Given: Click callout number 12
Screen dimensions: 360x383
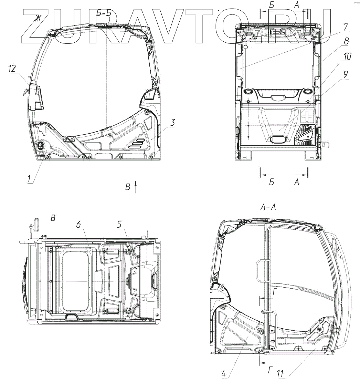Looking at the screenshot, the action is [12, 69].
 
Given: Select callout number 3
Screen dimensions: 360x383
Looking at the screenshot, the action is [172, 122].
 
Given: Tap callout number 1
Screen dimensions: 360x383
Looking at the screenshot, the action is [29, 179].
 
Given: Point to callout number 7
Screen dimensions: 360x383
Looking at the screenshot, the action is [345, 27].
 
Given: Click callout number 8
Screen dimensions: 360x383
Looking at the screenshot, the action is [346, 41].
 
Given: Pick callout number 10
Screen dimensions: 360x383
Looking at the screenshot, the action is [347, 56].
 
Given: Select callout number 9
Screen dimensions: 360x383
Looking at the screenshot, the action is [345, 74].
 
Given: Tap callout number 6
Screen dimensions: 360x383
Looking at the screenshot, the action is [78, 225].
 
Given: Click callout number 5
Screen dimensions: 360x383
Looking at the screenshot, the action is [119, 224].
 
